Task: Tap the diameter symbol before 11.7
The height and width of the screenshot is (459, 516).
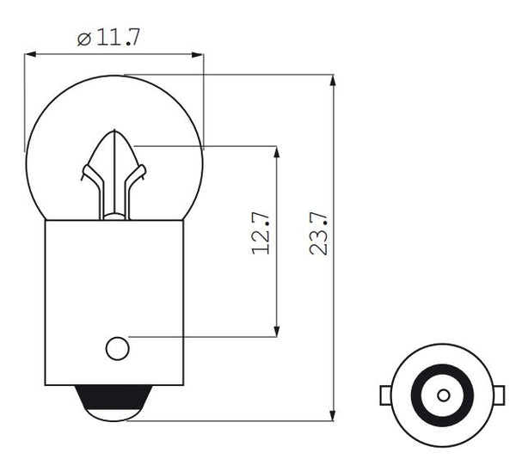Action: pos(83,39)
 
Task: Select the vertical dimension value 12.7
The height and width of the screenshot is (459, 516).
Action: pos(261,234)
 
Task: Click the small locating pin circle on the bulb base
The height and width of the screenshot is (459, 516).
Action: pos(117,348)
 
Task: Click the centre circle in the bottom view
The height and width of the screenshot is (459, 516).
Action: pos(443,395)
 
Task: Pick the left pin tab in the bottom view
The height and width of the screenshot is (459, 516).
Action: pos(386,395)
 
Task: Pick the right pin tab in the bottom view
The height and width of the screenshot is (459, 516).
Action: pos(500,395)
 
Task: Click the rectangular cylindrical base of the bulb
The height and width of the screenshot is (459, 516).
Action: pos(114,292)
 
